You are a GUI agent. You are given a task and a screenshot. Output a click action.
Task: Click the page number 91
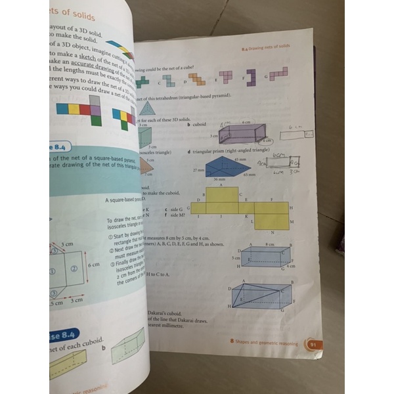[x=313, y=343]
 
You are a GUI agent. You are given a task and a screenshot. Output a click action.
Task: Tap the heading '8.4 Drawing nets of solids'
[x=265, y=47]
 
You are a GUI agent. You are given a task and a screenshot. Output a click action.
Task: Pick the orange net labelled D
[x=196, y=79]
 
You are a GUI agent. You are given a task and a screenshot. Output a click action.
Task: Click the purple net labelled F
[x=250, y=77]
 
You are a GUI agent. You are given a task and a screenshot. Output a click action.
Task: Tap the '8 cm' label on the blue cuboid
[x=269, y=244]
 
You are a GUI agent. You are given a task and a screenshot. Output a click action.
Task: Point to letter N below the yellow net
[x=271, y=234]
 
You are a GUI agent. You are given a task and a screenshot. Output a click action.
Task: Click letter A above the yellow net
[x=220, y=185]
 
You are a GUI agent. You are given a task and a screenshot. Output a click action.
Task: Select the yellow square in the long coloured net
[x=74, y=109]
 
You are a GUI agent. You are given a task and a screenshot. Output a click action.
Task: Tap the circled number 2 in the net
[x=74, y=269]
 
